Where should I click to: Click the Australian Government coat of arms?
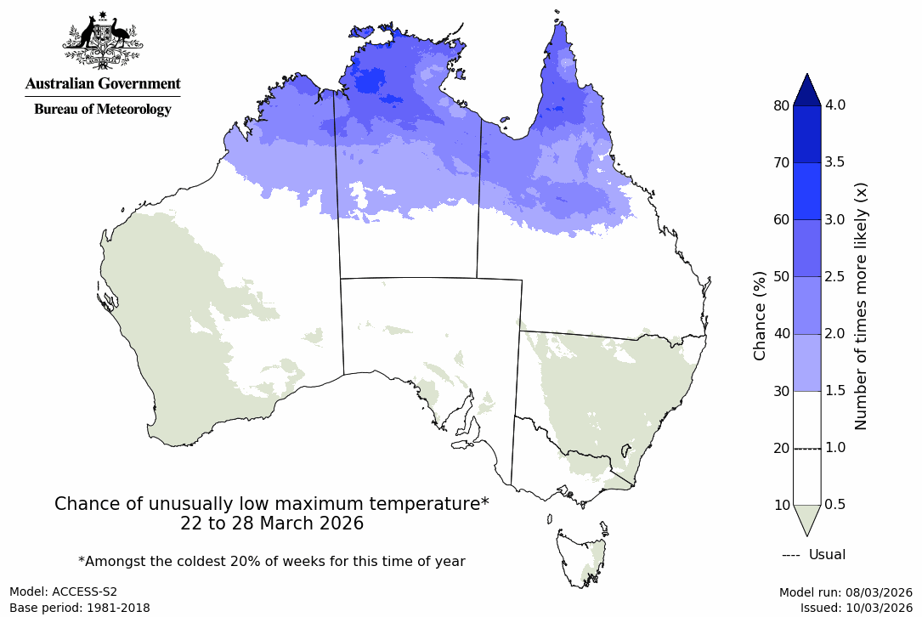point(102,40)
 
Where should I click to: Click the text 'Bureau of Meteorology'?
point(102,109)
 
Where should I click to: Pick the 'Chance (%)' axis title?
point(760,315)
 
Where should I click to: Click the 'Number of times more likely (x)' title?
point(860,305)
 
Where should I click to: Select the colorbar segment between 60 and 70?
point(806,191)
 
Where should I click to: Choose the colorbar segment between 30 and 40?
point(806,362)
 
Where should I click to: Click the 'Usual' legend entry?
point(814,555)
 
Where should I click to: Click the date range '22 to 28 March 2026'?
point(272,524)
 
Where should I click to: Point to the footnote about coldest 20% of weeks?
point(271,561)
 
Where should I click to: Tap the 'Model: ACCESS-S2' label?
point(64,592)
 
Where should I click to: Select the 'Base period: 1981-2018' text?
point(80,608)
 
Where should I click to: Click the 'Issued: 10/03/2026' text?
point(856,608)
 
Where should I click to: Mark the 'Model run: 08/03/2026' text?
point(846,592)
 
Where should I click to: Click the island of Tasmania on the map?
point(582,557)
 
